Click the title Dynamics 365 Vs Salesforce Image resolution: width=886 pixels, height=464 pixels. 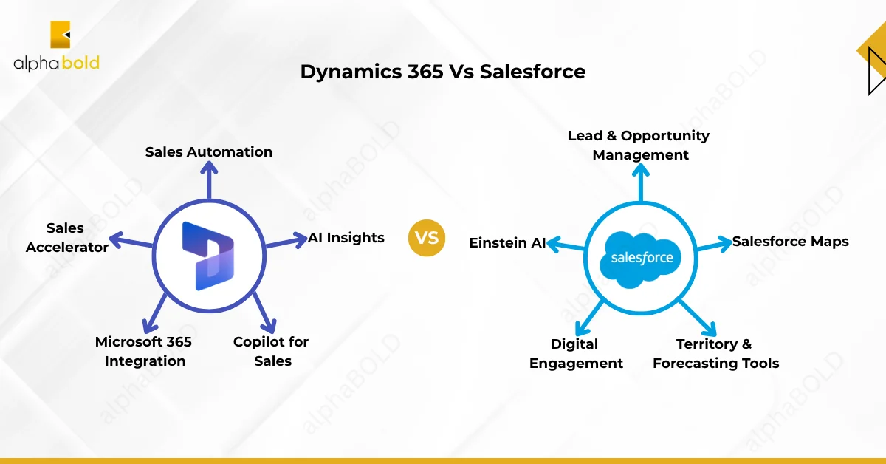pyautogui.click(x=442, y=72)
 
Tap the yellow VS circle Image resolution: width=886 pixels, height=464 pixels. pyautogui.click(x=427, y=238)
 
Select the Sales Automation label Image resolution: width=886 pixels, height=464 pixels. pyautogui.click(x=209, y=151)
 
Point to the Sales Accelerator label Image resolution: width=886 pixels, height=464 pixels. pyautogui.click(x=66, y=237)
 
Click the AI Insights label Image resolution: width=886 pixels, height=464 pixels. pyautogui.click(x=346, y=237)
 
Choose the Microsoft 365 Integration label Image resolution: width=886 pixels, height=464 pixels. pyautogui.click(x=144, y=351)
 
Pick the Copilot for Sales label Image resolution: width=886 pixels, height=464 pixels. pyautogui.click(x=271, y=351)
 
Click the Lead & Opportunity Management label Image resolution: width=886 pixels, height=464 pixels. pyautogui.click(x=639, y=145)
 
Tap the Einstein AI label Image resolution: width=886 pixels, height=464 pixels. pyautogui.click(x=507, y=242)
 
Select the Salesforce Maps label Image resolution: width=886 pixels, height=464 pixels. pyautogui.click(x=791, y=242)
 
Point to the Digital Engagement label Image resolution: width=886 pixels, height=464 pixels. pyautogui.click(x=576, y=353)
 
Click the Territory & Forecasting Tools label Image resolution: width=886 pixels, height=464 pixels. pyautogui.click(x=716, y=353)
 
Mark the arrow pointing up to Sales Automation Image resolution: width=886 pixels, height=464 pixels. pyautogui.click(x=209, y=181)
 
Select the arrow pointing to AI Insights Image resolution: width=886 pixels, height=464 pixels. pyautogui.click(x=286, y=241)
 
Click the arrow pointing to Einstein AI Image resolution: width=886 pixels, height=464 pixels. pyautogui.click(x=566, y=245)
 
